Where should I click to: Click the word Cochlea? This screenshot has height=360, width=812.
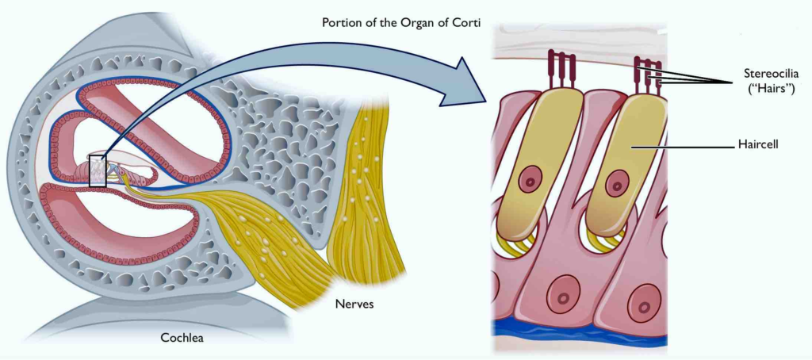(182, 339)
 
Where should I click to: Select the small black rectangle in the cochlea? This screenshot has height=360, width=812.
(98, 170)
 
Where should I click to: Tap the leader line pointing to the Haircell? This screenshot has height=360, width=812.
(679, 147)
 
